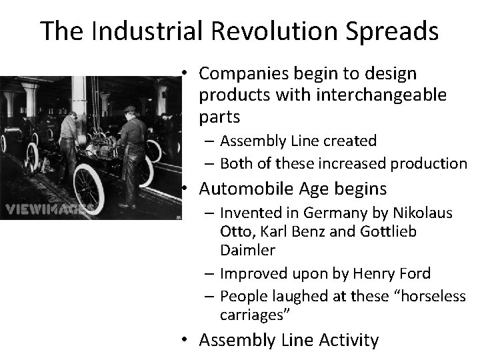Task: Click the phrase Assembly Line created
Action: (298, 141)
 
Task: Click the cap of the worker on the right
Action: (129, 109)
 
